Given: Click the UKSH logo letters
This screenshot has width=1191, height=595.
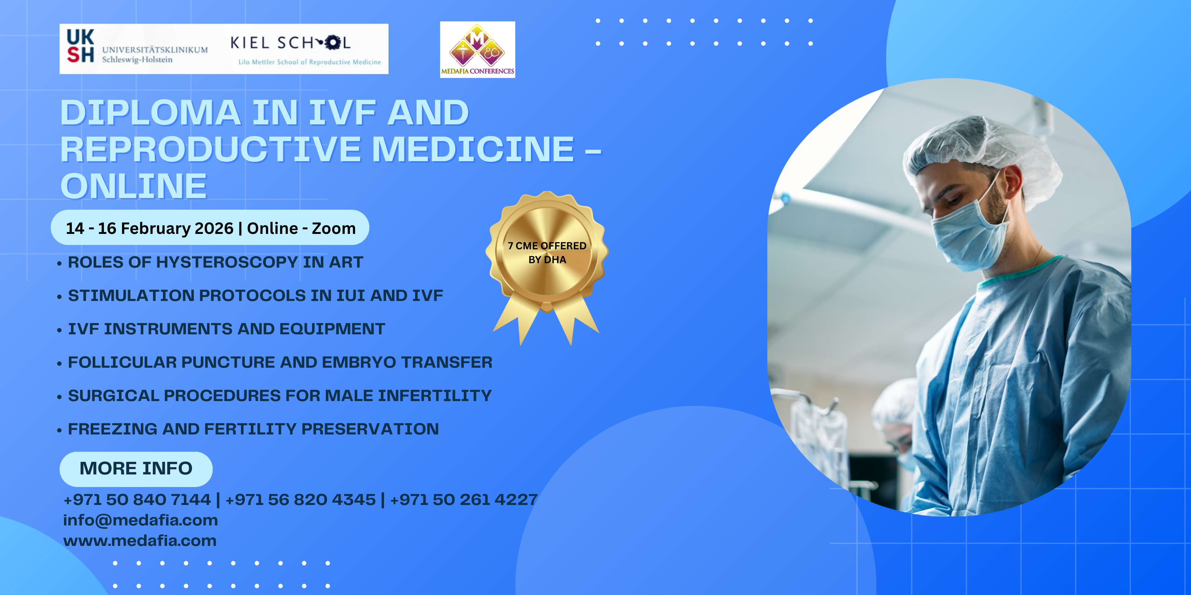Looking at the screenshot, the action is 80,46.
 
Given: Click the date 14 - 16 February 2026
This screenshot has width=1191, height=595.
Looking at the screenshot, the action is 150,228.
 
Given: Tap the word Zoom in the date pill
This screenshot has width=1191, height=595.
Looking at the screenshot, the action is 334,228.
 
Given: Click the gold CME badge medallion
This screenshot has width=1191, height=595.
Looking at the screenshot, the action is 547,252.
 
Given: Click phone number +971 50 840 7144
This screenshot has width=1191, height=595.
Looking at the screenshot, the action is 137,499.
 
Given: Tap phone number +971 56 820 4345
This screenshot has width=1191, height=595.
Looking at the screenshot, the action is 301,499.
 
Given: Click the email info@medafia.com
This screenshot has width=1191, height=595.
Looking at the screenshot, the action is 141,520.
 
